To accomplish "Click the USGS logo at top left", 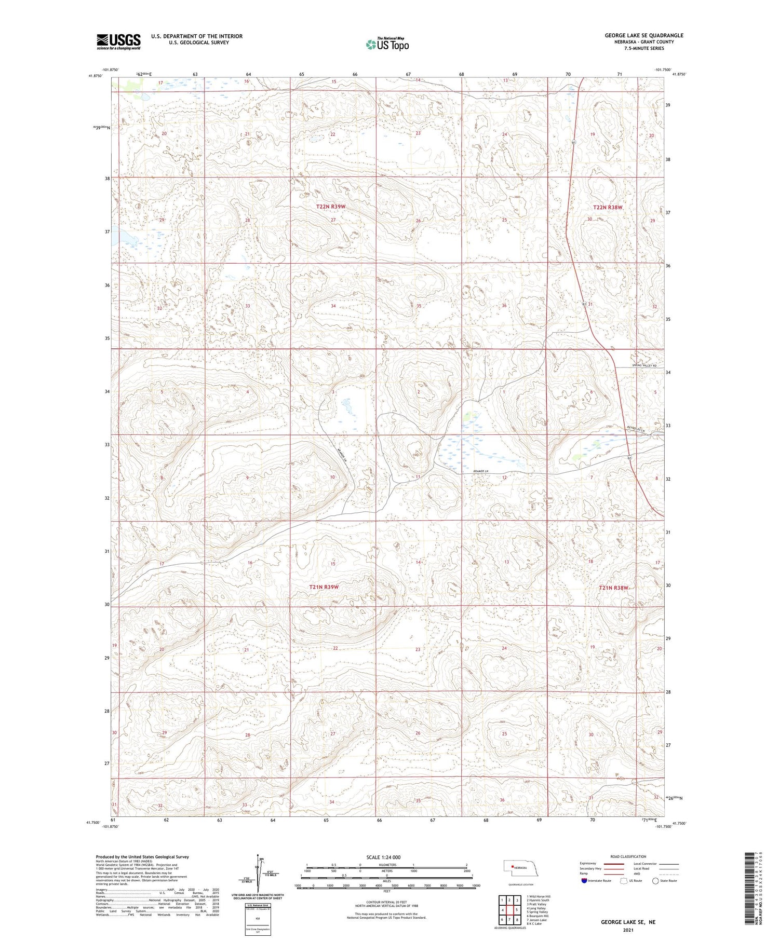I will pos(118,42).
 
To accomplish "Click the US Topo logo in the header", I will pos(387,44).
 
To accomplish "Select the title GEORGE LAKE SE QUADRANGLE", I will pos(643,35).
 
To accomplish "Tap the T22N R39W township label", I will pos(331,207).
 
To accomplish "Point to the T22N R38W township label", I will pos(607,207).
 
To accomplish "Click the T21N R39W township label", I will pos(324,587).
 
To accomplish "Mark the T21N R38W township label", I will pos(613,588).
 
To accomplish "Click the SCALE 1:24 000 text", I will pos(383,857).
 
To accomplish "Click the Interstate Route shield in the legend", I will pos(584,880).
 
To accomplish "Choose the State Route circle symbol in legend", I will pos(656,880).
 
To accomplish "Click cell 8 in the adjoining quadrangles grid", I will pos(517,920).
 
